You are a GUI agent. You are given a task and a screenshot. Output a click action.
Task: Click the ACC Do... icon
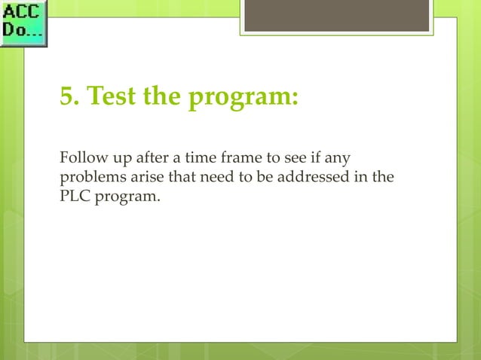pyautogui.click(x=23, y=24)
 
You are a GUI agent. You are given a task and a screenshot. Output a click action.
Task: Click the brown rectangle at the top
pyautogui.click(x=336, y=16)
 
